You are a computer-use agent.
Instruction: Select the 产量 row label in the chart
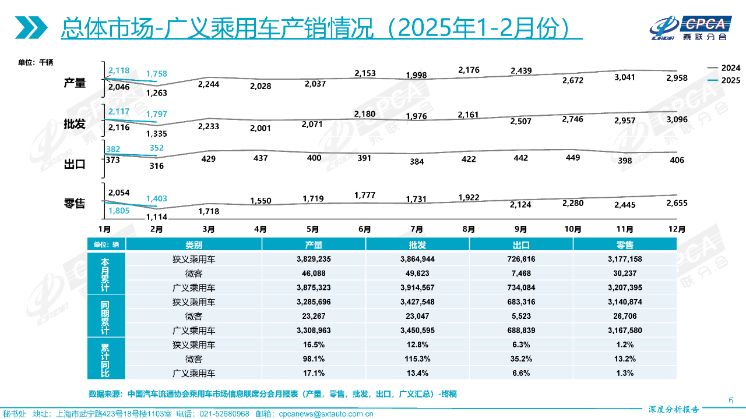tap(75, 83)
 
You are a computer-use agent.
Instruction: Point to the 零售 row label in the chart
tap(75, 203)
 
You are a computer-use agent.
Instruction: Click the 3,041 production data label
tap(624, 77)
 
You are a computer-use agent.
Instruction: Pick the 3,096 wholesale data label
tap(676, 120)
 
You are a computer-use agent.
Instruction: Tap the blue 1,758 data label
tap(156, 74)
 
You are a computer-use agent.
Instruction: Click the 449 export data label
tap(572, 157)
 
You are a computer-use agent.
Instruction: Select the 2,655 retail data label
tap(676, 203)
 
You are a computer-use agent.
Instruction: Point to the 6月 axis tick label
tap(365, 229)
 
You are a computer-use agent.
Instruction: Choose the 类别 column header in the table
tap(193, 245)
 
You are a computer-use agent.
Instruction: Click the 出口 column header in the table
tap(521, 245)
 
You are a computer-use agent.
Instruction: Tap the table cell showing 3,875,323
tap(314, 287)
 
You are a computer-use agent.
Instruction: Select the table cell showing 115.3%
tap(417, 359)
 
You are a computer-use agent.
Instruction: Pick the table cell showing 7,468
tap(521, 273)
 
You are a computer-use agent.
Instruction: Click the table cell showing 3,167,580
tap(625, 330)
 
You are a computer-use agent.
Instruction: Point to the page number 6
tap(731, 400)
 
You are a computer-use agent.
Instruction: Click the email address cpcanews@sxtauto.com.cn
tap(326, 414)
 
